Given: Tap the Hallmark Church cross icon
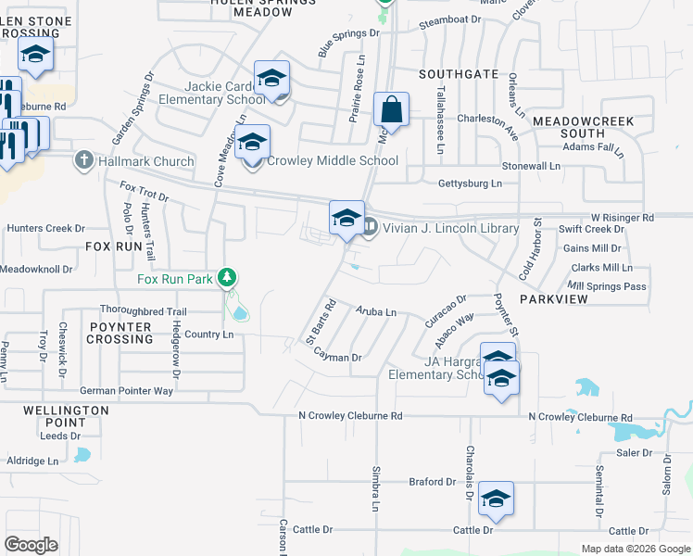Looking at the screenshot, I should [83, 160].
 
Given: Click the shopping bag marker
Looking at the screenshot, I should [391, 110].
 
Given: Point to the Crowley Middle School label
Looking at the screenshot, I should [333, 160].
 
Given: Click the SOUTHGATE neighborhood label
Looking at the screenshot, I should [459, 73].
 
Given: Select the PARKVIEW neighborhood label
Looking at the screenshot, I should [555, 300].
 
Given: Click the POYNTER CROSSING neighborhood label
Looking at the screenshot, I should [121, 333].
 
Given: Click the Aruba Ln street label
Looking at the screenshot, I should [376, 313].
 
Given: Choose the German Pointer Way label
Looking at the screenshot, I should [126, 391].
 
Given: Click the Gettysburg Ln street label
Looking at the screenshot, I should [470, 183].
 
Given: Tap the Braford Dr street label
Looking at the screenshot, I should [433, 482].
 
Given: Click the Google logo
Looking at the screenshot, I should [31, 544].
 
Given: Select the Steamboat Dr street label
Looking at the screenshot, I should [451, 19].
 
